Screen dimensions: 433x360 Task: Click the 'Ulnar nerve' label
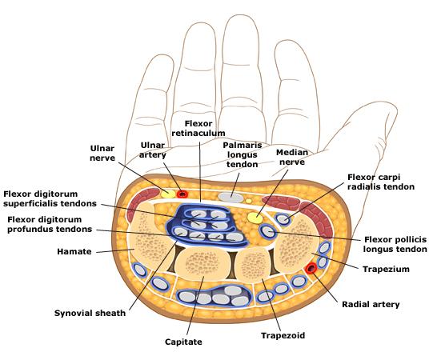[x=102, y=154]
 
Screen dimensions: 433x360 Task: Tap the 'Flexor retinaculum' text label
[x=198, y=128]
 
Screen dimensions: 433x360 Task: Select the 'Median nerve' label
[x=292, y=157]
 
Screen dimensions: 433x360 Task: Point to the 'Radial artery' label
[x=371, y=305]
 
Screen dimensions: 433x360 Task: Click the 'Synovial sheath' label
[x=90, y=313]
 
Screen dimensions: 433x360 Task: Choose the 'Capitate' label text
[x=183, y=342]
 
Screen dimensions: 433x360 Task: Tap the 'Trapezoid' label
[x=283, y=336]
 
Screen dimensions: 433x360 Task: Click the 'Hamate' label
[x=74, y=252]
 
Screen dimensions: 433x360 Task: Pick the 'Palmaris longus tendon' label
[x=243, y=155]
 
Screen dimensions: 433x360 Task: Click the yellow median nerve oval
[x=255, y=218]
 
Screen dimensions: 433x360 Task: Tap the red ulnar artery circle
[x=182, y=194]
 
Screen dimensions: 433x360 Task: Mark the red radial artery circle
[x=311, y=268]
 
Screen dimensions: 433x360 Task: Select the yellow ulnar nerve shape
[x=168, y=194]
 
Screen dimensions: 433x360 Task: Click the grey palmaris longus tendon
[x=231, y=198]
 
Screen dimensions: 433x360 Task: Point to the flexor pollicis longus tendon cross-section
[x=267, y=231]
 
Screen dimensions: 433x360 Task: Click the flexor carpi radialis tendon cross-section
[x=283, y=219]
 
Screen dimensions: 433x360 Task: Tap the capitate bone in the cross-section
[x=202, y=265]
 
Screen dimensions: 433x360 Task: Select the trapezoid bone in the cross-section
[x=253, y=265]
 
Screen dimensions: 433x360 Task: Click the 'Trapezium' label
[x=386, y=269]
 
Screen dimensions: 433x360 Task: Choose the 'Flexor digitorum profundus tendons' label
[x=50, y=225]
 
